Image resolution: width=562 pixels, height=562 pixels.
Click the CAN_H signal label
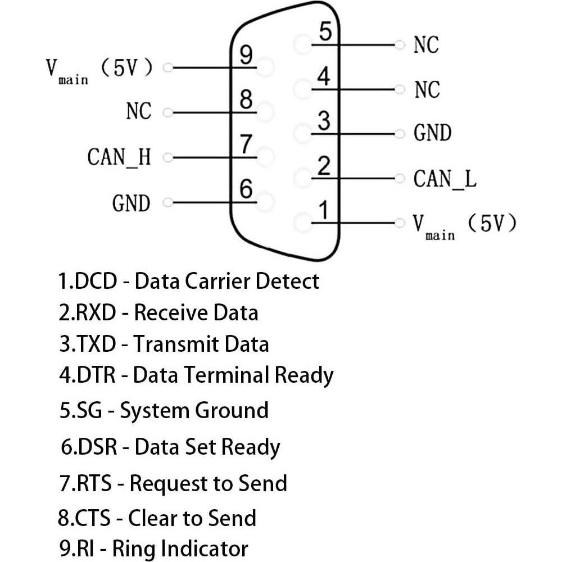119,157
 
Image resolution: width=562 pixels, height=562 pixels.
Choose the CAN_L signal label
445,179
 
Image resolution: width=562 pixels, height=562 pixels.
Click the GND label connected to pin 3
432,134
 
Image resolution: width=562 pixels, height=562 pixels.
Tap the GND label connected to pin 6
132,203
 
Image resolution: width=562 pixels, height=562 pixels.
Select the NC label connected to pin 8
139,111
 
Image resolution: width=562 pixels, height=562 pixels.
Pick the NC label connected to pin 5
426,45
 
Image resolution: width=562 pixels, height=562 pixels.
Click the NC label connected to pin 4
427,89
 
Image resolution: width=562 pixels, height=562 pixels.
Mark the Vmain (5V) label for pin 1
464,225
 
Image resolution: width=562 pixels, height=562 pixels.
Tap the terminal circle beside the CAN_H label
167,158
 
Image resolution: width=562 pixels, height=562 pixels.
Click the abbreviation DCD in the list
96,280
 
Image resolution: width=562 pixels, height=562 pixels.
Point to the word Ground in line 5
231,410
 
